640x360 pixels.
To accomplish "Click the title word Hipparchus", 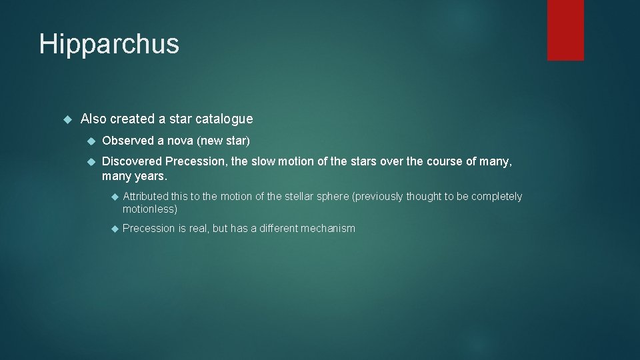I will [109, 45].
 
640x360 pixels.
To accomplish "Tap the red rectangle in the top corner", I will [565, 30].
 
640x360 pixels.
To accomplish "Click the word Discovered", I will [132, 161].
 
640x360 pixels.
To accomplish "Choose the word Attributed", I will [145, 197].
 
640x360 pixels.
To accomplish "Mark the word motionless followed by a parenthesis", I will [149, 209].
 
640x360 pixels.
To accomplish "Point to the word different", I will [279, 229].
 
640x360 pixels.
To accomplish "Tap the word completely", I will [497, 197].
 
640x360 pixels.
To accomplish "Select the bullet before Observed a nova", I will [91, 141].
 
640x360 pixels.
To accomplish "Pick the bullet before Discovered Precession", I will [91, 161].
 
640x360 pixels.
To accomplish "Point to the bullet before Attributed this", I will [114, 197].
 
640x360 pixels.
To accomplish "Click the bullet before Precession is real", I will [114, 229].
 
